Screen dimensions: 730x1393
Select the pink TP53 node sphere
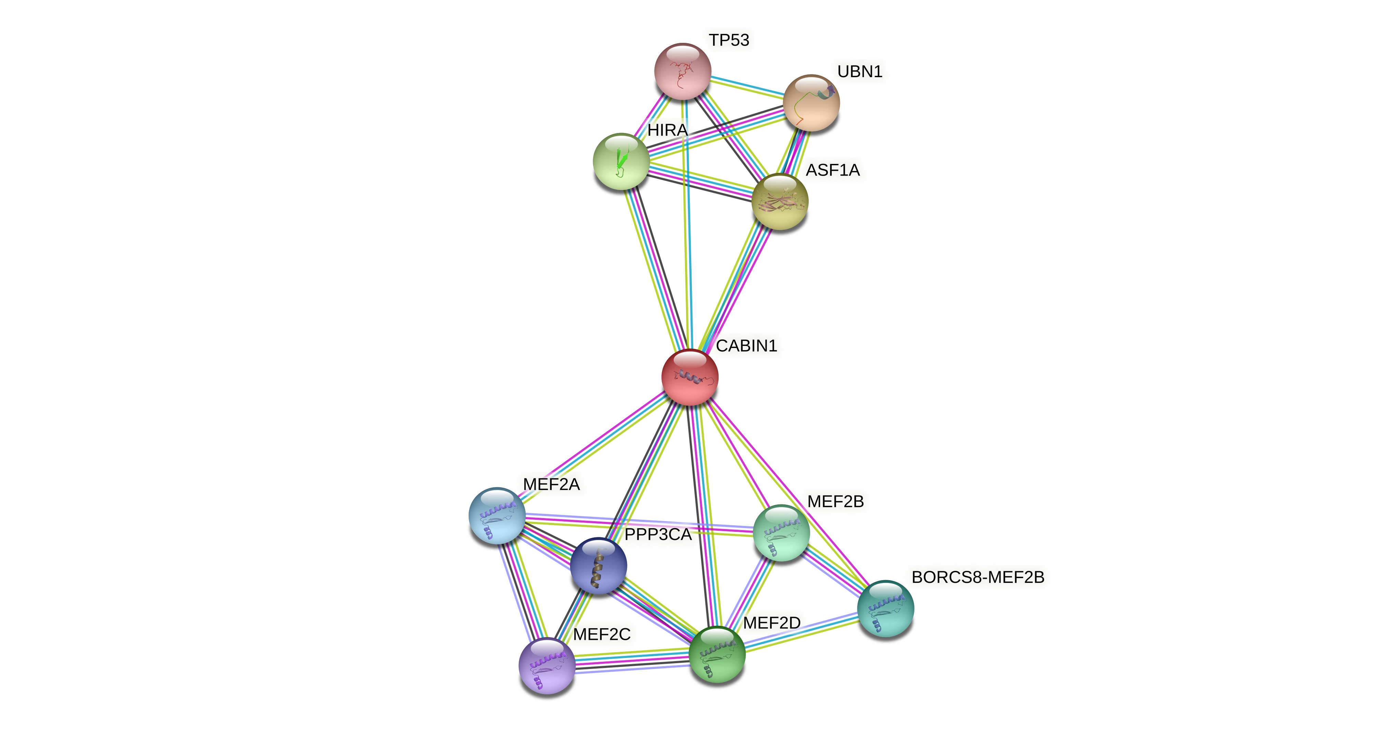point(682,71)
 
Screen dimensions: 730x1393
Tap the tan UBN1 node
point(811,103)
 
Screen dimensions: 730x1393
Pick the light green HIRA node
point(621,161)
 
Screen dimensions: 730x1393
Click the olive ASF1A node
point(780,202)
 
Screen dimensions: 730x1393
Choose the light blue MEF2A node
point(496,516)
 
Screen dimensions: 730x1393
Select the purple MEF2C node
point(547,665)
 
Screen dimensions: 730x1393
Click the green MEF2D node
point(717,654)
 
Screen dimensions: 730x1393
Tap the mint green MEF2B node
point(781,532)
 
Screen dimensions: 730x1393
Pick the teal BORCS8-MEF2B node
point(885,608)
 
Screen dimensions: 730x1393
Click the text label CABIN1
point(746,346)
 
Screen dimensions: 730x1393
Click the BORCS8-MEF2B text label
point(978,577)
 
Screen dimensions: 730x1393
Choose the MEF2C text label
point(601,634)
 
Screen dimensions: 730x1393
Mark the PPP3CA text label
point(658,535)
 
